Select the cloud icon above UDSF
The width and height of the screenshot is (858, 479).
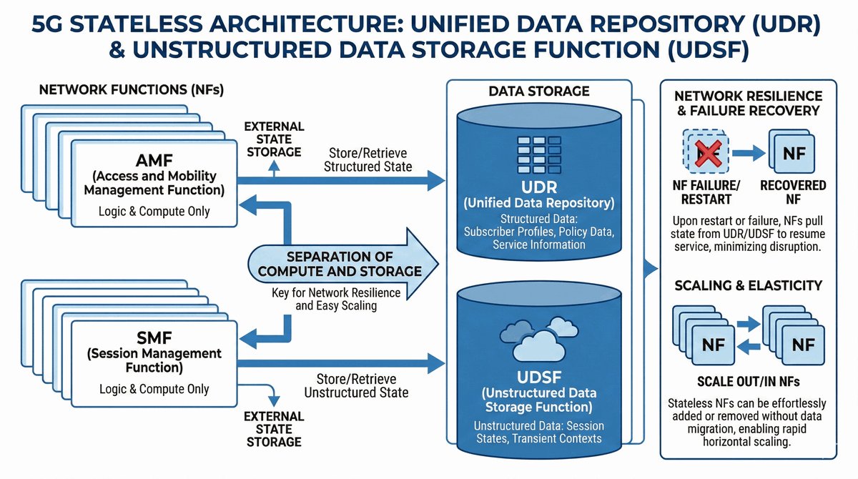(x=540, y=335)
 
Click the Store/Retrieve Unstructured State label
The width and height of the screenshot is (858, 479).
(x=356, y=386)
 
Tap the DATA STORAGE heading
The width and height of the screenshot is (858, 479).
(x=539, y=92)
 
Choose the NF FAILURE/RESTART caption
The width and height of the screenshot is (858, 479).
(x=706, y=192)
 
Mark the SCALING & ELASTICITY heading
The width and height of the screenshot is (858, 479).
(x=748, y=286)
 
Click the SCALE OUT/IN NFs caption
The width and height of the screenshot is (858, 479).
(x=748, y=381)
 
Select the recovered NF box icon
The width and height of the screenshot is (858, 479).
(x=791, y=152)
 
